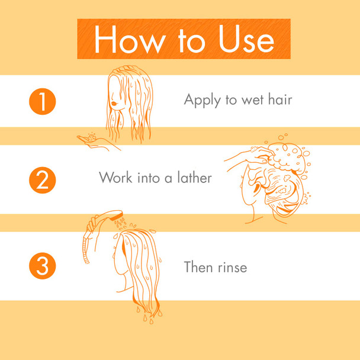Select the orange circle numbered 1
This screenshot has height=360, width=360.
pyautogui.click(x=42, y=101)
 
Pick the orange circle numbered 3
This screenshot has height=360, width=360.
pyautogui.click(x=42, y=266)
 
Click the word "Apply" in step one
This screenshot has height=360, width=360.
pyautogui.click(x=201, y=100)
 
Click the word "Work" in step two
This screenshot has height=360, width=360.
pyautogui.click(x=115, y=177)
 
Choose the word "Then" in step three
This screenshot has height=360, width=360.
pyautogui.click(x=197, y=267)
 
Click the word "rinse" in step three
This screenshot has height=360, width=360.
pyautogui.click(x=232, y=268)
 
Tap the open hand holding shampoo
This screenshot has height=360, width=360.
pyautogui.click(x=95, y=140)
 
